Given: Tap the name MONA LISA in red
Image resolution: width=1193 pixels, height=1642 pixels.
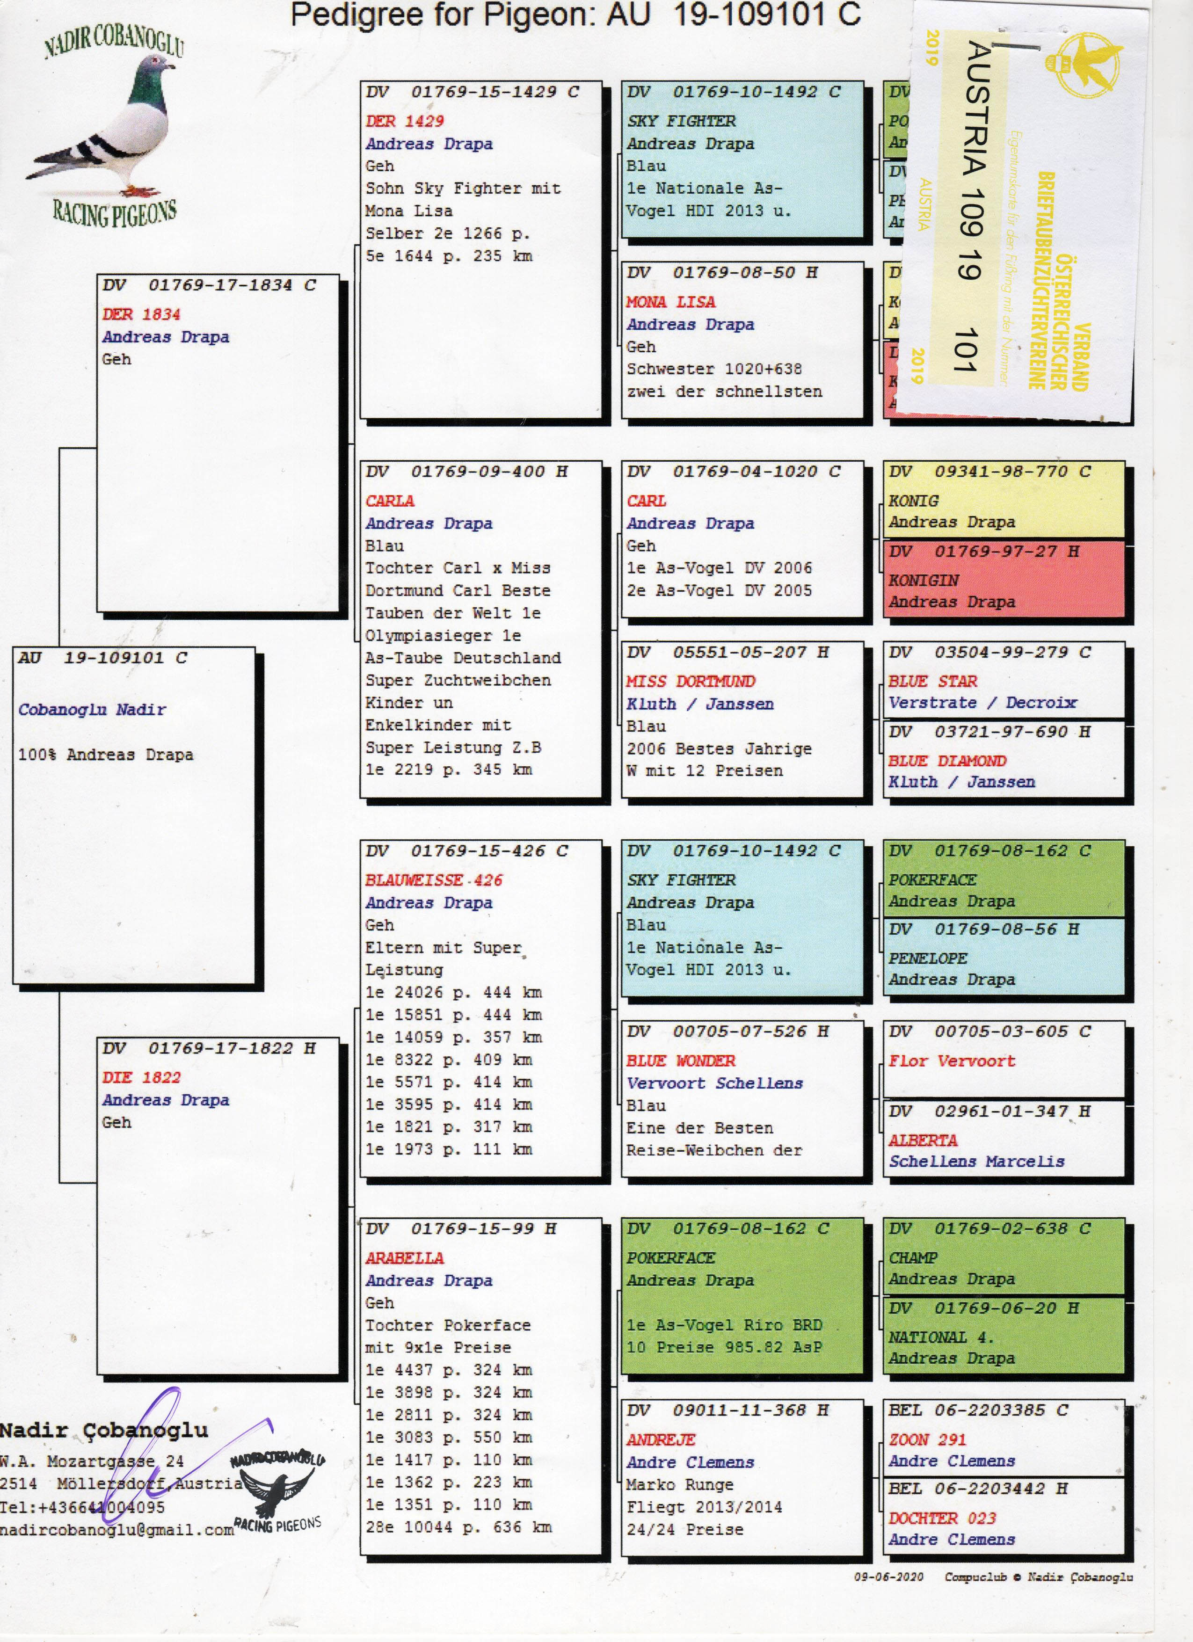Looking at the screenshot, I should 670,302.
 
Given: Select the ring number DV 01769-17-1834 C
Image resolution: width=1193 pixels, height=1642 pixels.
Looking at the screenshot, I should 209,285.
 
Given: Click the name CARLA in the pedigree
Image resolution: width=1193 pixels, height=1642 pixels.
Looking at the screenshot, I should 389,501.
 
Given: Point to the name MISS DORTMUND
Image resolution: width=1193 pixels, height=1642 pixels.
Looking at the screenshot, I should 690,681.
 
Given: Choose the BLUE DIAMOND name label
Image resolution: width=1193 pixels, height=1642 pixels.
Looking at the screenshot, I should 947,761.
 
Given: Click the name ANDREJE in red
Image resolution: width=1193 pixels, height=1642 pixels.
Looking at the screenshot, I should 660,1440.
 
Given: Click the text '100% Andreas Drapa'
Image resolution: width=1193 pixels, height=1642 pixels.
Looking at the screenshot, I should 105,755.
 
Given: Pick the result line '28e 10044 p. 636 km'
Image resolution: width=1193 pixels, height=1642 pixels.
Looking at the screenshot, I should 458,1527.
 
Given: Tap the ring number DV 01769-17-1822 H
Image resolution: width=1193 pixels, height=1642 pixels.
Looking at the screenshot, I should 209,1048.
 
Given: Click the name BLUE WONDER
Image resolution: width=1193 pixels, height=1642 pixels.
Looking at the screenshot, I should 680,1061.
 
